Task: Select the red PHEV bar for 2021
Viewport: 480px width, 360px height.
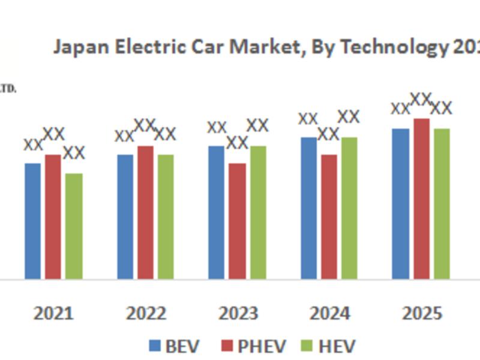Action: (x=53, y=217)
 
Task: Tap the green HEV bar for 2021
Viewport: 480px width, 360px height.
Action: (x=74, y=226)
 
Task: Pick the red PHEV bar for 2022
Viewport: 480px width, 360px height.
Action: (x=145, y=212)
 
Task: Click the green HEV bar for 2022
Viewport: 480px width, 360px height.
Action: (x=166, y=217)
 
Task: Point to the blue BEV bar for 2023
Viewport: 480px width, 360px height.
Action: (x=217, y=212)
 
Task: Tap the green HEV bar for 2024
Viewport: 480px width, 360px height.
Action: (x=349, y=208)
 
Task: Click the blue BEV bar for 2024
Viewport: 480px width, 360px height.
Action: (x=308, y=208)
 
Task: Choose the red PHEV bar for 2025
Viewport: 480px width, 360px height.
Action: (x=421, y=199)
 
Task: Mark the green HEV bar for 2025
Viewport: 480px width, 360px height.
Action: (x=442, y=203)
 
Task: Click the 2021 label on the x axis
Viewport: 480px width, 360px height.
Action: (x=53, y=313)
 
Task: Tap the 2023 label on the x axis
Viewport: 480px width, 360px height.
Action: (x=238, y=313)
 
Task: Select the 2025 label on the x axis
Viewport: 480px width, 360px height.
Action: (x=421, y=313)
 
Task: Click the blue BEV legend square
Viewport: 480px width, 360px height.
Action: (x=155, y=346)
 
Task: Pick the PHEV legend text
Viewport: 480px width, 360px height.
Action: (x=262, y=346)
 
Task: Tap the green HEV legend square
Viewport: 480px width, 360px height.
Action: (x=307, y=346)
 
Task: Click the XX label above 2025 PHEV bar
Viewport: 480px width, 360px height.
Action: (x=421, y=99)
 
